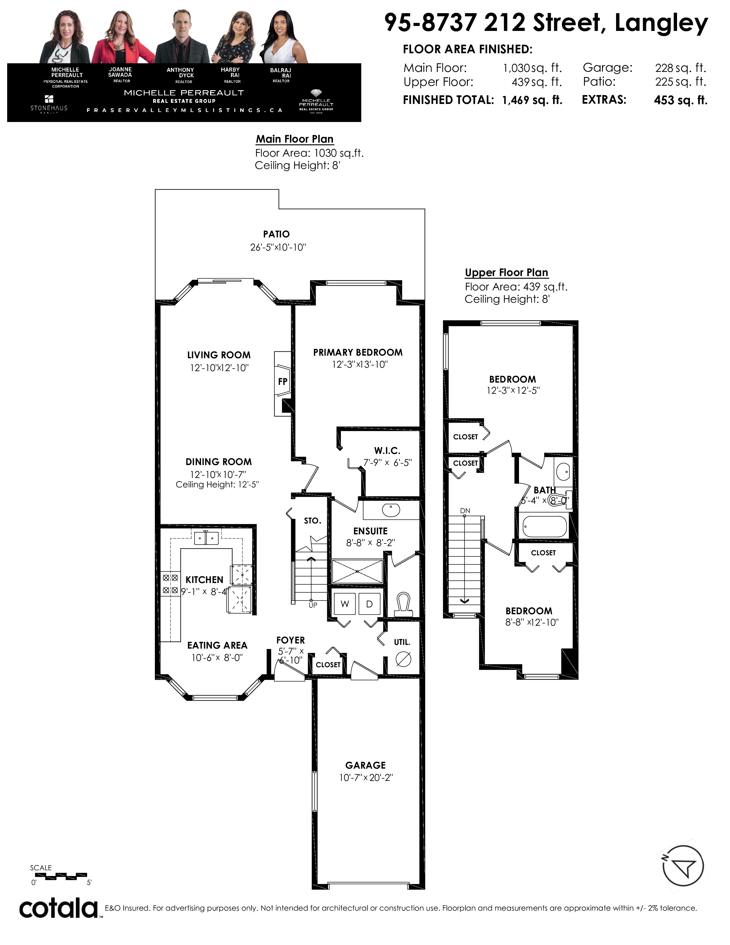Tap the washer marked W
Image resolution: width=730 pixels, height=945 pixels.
tap(345, 604)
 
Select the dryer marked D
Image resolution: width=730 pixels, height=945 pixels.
tap(369, 604)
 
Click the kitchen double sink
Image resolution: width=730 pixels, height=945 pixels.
tap(206, 538)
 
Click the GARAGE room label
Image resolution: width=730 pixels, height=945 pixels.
tap(366, 765)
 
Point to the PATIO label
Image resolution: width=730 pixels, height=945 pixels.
tap(276, 234)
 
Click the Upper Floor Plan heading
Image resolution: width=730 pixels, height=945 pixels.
tap(506, 273)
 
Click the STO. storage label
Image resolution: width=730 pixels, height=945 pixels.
tap(312, 521)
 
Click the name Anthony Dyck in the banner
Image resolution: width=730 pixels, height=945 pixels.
tap(180, 72)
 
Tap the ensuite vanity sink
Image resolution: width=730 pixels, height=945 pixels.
tap(391, 510)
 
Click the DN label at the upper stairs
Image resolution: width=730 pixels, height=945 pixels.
tap(465, 511)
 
